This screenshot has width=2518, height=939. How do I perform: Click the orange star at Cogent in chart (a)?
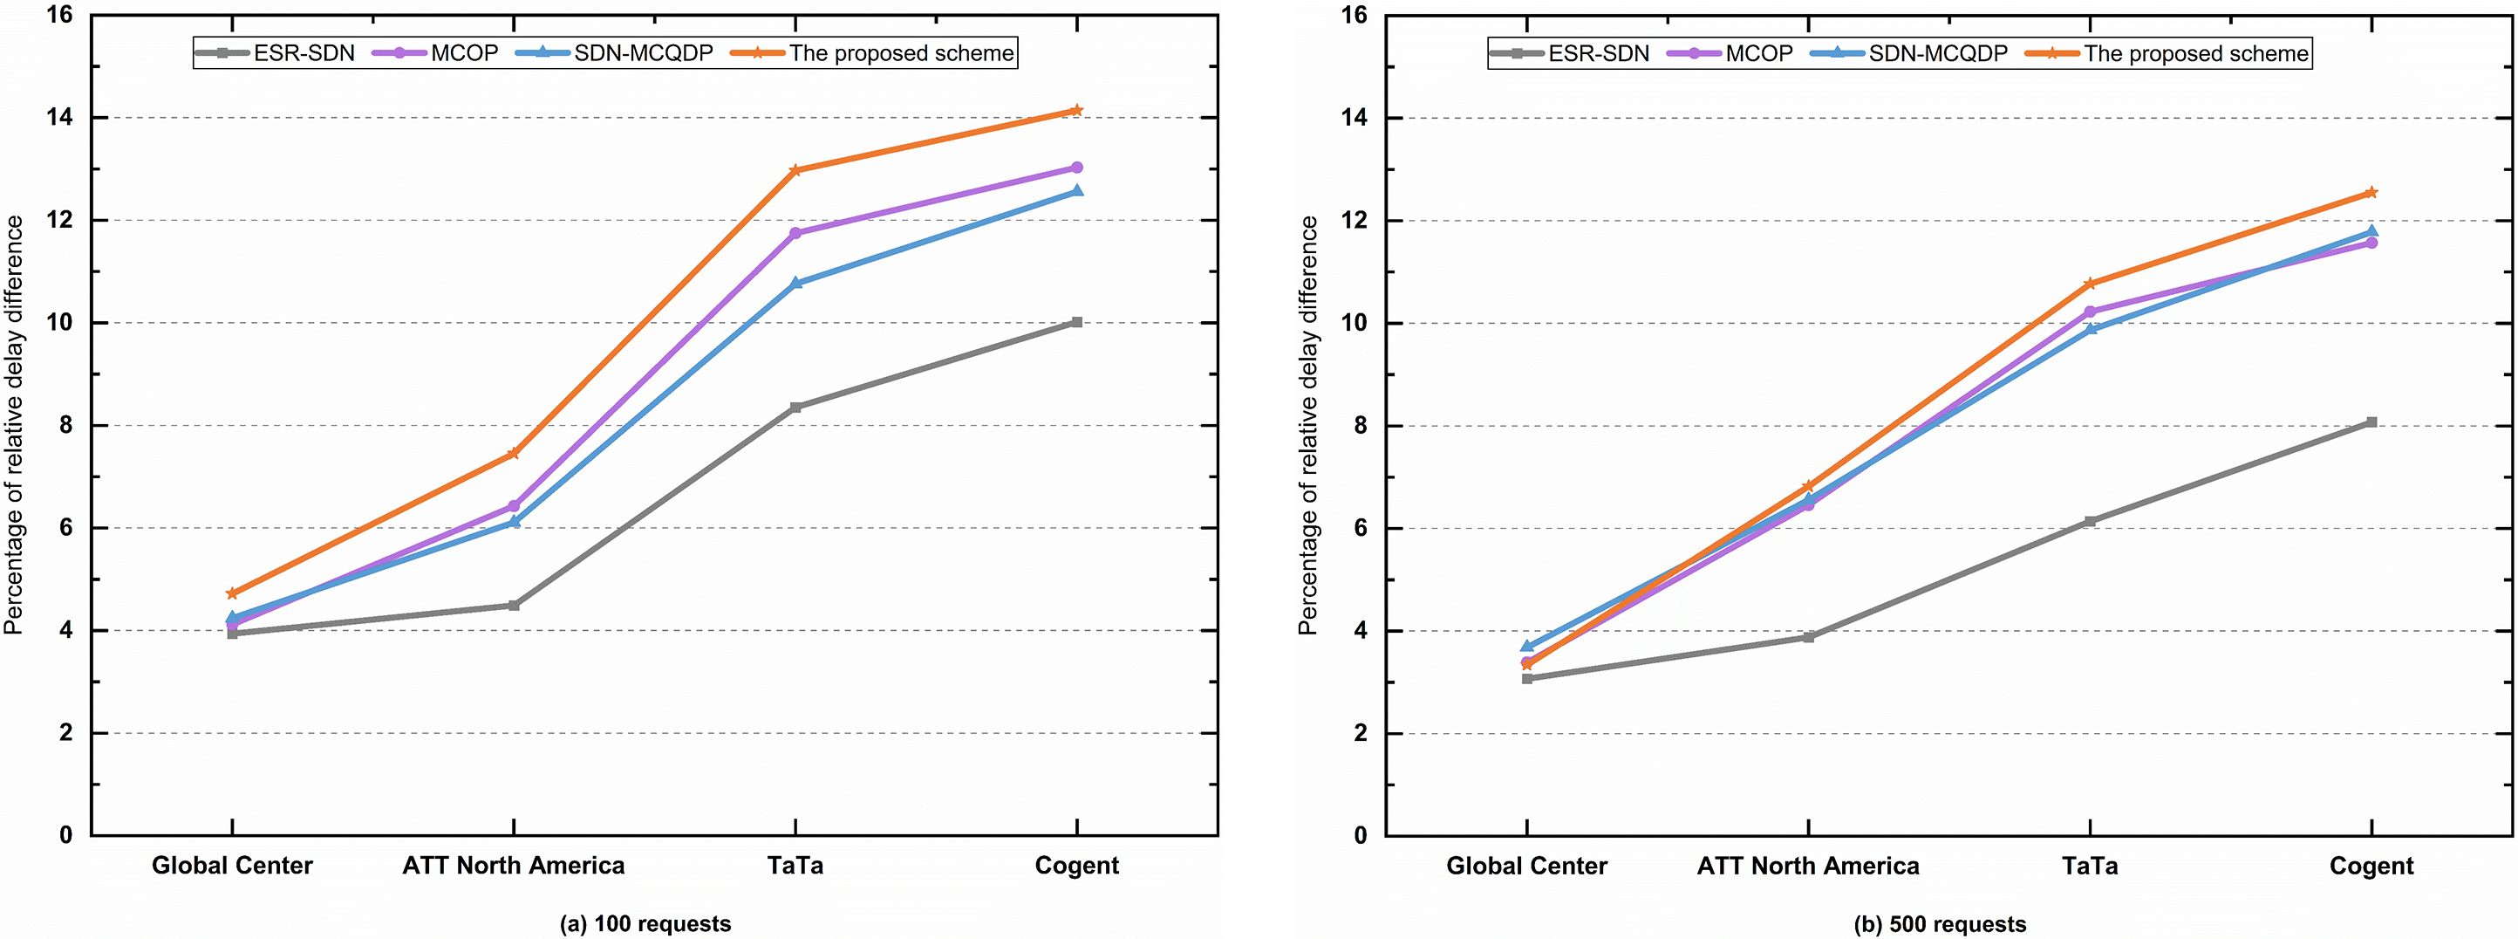[x=1076, y=111]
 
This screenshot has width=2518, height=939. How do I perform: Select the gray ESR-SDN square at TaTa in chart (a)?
[x=795, y=407]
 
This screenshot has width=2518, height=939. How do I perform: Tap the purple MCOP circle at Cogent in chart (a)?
[x=1076, y=168]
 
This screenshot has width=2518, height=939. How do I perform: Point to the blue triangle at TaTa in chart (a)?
[x=795, y=283]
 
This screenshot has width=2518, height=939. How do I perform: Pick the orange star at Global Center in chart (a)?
[x=232, y=593]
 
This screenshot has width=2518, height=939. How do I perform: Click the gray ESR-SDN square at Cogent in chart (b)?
[x=2371, y=422]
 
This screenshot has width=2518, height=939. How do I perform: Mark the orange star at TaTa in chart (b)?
[x=2090, y=284]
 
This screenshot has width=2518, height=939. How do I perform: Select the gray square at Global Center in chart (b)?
[x=1527, y=678]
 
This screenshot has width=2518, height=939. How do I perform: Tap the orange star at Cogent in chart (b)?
[x=2371, y=193]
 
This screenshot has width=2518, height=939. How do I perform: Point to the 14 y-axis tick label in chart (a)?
[x=59, y=117]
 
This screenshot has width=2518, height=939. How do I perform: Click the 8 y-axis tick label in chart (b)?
[x=1360, y=426]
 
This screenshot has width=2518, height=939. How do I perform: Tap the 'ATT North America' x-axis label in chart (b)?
[x=1807, y=866]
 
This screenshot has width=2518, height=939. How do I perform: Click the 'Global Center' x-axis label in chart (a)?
[x=232, y=866]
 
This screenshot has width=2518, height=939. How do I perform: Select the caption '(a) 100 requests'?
[x=645, y=923]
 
